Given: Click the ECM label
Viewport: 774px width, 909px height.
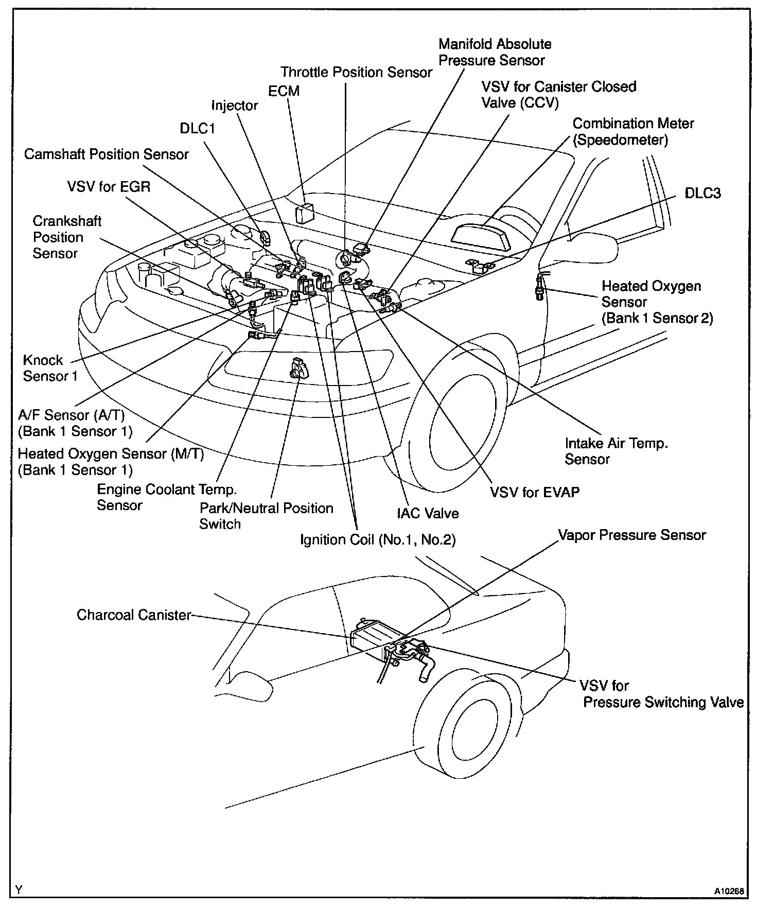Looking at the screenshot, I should click(284, 91).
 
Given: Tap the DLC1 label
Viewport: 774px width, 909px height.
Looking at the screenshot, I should click(197, 128).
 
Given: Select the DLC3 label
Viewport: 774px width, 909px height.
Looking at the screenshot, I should click(702, 194).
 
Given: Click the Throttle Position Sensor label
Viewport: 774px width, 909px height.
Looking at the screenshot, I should click(356, 72).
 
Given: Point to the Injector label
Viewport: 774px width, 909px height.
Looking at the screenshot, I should click(235, 106).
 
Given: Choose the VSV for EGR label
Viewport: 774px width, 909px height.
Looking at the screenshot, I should click(109, 186).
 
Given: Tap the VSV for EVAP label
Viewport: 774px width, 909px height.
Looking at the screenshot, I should click(535, 493).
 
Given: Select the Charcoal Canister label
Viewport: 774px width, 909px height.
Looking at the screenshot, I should click(134, 615).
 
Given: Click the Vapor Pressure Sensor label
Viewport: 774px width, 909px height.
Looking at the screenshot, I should click(632, 535).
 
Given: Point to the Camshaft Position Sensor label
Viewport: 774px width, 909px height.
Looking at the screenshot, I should click(107, 154).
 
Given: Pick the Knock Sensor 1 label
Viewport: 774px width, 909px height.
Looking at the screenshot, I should click(50, 368).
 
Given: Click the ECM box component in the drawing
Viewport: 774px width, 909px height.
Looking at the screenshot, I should click(305, 213).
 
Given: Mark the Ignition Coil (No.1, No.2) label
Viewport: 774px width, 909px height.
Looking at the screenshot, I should click(378, 540).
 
